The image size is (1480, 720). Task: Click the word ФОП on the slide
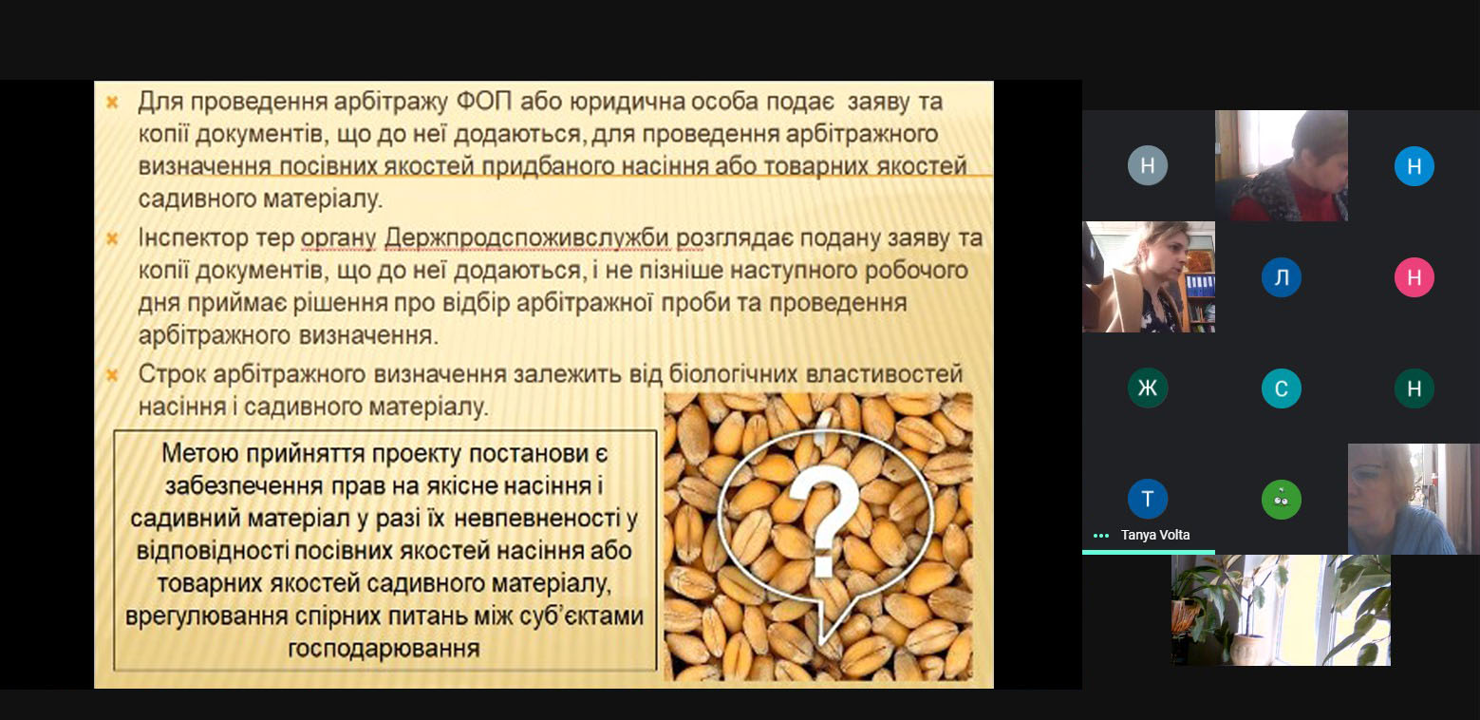pyautogui.click(x=483, y=102)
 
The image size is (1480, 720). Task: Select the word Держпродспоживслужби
pyautogui.click(x=527, y=238)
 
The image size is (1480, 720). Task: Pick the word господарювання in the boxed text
pyautogui.click(x=384, y=649)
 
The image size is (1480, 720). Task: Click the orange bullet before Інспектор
pyautogui.click(x=112, y=238)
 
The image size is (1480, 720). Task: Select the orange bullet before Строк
pyautogui.click(x=112, y=375)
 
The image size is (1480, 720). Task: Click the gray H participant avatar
pyautogui.click(x=1148, y=165)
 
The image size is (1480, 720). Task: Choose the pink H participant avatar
pyautogui.click(x=1414, y=277)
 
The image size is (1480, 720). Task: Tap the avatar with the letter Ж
pyautogui.click(x=1148, y=388)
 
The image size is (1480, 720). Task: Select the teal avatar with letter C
pyautogui.click(x=1282, y=388)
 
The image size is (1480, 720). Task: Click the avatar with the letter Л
pyautogui.click(x=1282, y=277)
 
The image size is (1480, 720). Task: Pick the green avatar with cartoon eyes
pyautogui.click(x=1282, y=500)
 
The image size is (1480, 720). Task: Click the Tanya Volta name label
pyautogui.click(x=1155, y=535)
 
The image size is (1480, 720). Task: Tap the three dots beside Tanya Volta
pyautogui.click(x=1101, y=536)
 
